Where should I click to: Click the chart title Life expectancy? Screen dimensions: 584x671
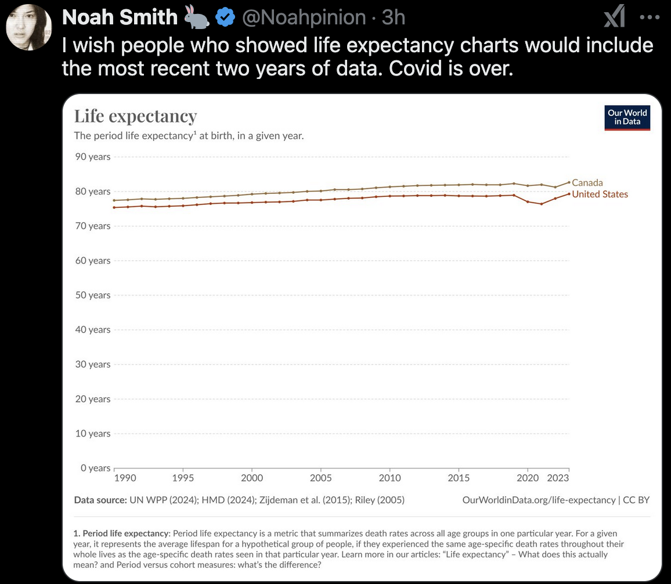click(135, 116)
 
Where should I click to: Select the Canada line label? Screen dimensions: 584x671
click(587, 182)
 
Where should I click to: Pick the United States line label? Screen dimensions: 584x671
click(600, 194)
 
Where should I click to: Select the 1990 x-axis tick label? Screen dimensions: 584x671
click(125, 478)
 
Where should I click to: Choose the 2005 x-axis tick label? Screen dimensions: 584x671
click(321, 478)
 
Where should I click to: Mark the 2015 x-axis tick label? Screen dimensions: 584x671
click(459, 478)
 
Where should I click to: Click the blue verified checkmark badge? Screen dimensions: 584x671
click(225, 18)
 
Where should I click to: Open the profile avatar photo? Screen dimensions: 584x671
click(29, 27)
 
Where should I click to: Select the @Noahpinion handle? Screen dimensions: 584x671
click(303, 18)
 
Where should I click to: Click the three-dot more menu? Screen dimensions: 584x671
click(650, 17)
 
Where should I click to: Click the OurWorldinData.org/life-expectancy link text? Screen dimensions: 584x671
click(539, 500)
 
